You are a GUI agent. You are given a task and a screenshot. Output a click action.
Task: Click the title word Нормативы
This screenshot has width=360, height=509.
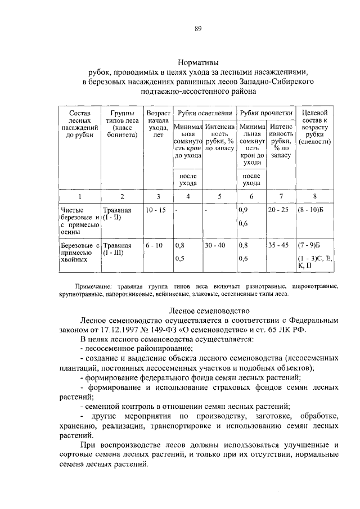click(198, 62)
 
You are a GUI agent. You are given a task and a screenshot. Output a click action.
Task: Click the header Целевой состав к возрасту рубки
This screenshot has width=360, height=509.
click(315, 127)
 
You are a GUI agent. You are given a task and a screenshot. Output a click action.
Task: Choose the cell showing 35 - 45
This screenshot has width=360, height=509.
click(278, 245)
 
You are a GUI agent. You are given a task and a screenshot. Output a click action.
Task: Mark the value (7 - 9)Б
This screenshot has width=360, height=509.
click(309, 245)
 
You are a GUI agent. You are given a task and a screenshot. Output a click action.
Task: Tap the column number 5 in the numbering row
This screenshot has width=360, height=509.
click(220, 196)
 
